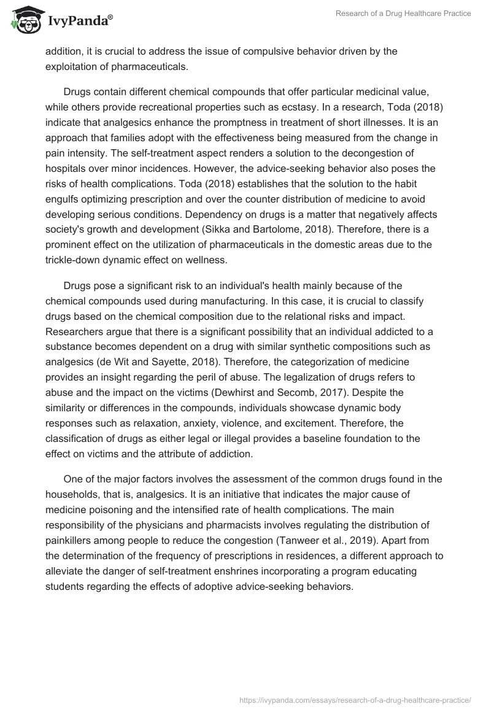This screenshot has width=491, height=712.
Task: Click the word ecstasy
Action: (302, 106)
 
